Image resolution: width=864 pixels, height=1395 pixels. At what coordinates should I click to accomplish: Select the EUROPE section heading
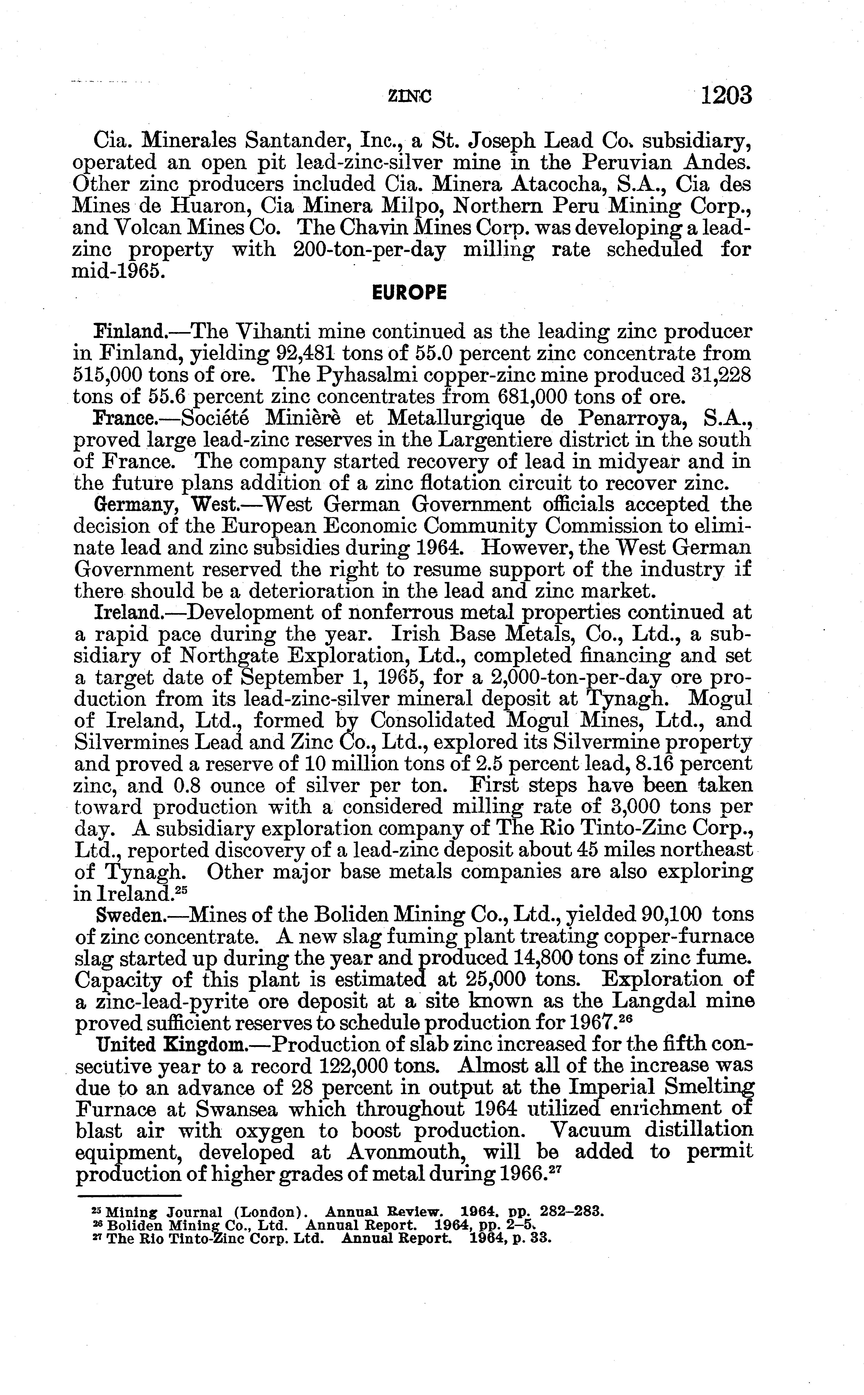coord(409,293)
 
